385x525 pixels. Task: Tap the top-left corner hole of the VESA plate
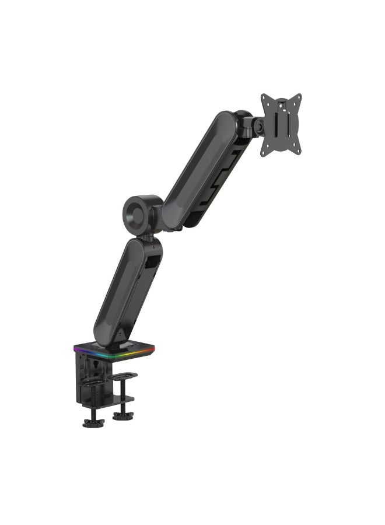[265, 98]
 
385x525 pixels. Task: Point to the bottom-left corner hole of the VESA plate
[264, 153]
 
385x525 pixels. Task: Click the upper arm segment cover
[199, 169]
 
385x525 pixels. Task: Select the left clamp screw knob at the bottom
[93, 422]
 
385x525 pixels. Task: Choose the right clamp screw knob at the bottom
[123, 416]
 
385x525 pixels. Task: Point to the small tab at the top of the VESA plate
[282, 104]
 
